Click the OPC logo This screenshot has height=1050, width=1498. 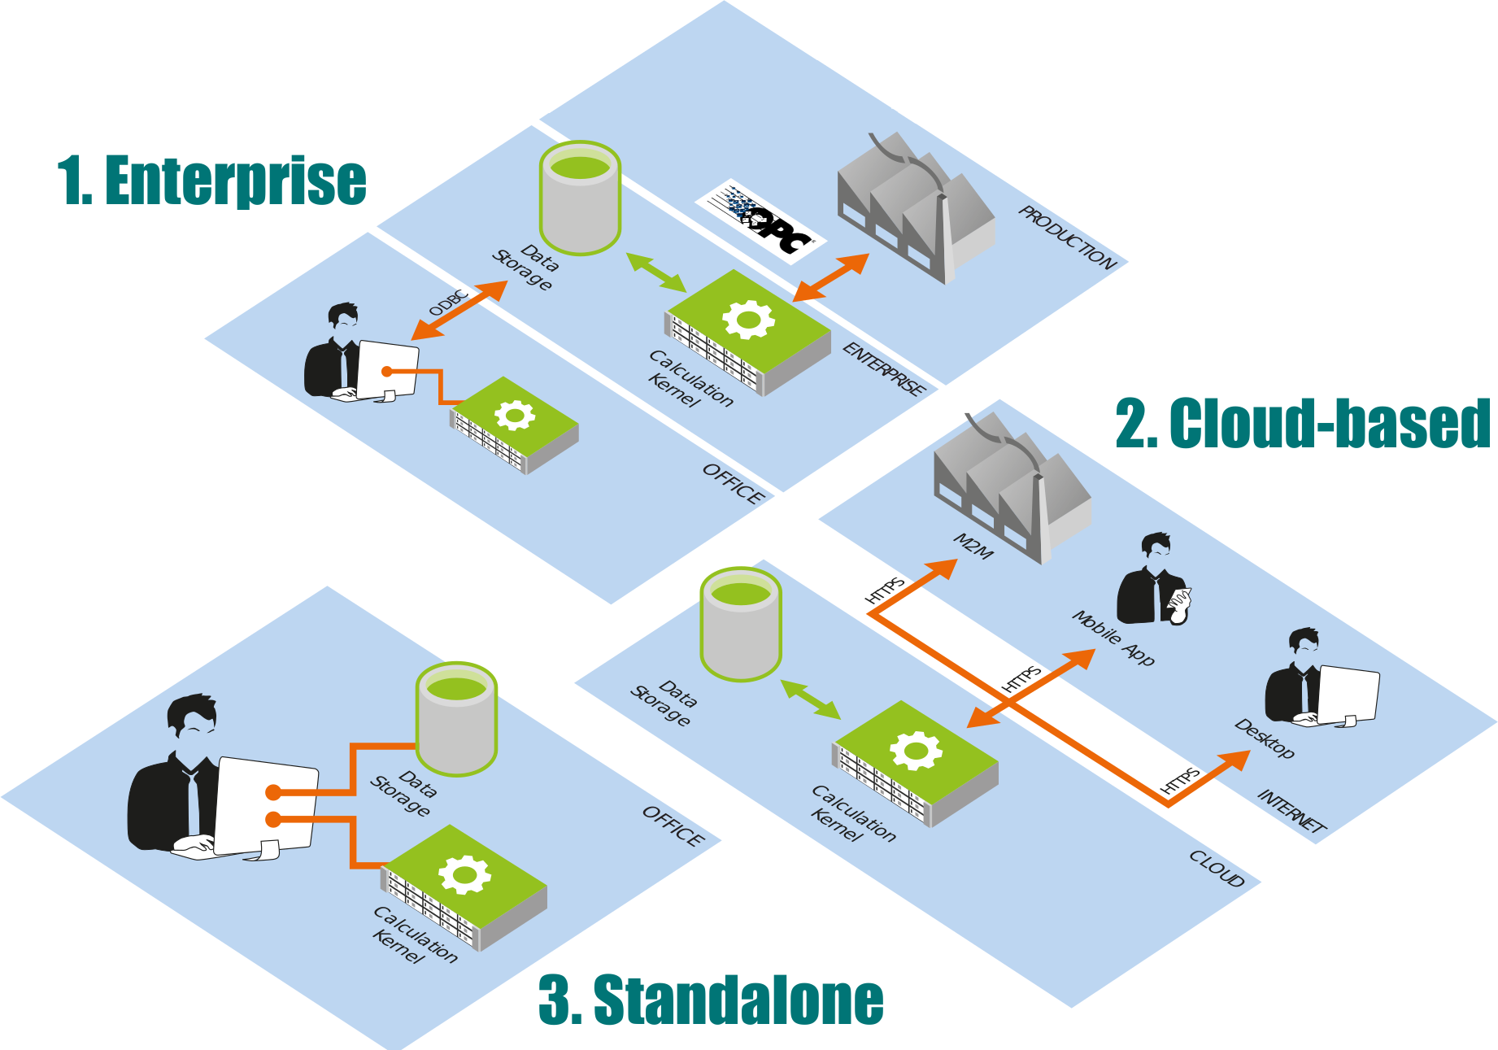tap(761, 220)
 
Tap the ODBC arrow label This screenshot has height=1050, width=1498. tap(448, 303)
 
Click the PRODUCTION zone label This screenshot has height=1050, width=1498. tap(1067, 237)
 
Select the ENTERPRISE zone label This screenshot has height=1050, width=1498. tap(884, 368)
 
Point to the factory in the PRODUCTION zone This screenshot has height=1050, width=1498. tap(915, 207)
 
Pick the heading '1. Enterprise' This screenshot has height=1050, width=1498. tap(212, 181)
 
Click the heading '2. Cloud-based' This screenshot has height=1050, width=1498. tap(1302, 423)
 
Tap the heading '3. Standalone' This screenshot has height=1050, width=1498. tap(711, 1000)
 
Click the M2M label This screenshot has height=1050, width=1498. tap(973, 547)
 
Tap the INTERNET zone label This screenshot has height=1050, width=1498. tap(1291, 811)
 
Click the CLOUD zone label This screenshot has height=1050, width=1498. tap(1217, 869)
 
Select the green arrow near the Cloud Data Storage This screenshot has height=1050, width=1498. tap(810, 699)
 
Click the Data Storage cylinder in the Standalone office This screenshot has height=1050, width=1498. tap(456, 719)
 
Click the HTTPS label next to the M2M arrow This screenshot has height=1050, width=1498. tap(885, 590)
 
